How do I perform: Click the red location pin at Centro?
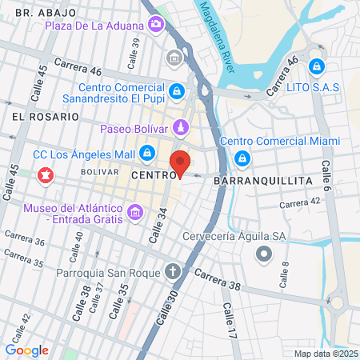181,162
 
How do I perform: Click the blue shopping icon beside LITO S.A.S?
317,65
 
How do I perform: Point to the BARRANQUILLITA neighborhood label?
263,182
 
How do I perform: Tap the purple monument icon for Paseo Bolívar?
182,128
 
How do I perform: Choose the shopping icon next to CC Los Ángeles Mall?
147,152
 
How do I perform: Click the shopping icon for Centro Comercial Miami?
241,160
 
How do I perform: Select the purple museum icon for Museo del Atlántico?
135,213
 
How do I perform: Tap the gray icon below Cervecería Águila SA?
263,255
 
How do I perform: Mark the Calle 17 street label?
231,318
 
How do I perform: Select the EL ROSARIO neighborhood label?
46,116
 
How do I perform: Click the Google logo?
27,350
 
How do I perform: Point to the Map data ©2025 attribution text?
326,354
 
